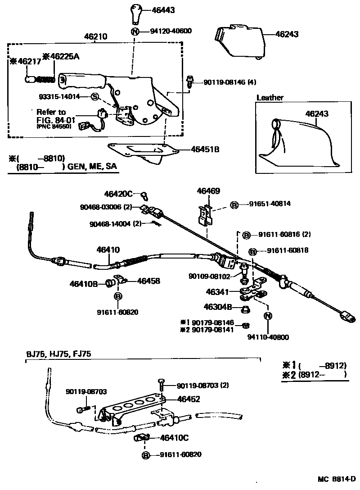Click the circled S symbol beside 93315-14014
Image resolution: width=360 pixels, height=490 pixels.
point(94,96)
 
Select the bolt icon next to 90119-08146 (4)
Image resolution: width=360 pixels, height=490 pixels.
point(191,82)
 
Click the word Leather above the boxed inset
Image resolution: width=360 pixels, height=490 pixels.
point(270,97)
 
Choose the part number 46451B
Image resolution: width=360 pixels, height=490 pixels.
point(205,149)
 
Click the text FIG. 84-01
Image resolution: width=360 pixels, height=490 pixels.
point(51,121)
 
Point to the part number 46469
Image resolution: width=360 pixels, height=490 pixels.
point(208,191)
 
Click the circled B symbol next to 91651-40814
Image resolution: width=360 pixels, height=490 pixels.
point(234,204)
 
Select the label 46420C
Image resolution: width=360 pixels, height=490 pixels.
point(118,194)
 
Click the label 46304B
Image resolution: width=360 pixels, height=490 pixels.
point(218,307)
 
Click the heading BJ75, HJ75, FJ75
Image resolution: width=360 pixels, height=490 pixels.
point(58,354)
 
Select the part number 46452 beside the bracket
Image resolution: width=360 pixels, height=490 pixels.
point(189,399)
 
